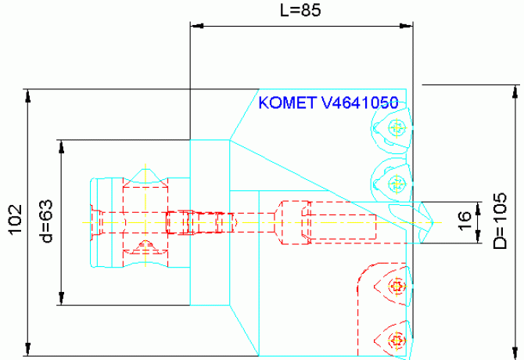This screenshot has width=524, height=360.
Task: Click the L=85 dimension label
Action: (301, 10)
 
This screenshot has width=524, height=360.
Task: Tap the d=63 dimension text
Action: (45, 222)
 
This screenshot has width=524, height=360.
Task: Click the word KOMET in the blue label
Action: (287, 103)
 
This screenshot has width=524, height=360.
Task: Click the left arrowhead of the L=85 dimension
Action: (197, 27)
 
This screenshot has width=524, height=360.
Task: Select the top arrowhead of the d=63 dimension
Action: (60, 146)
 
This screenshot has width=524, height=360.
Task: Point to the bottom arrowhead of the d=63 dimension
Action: (60, 299)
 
